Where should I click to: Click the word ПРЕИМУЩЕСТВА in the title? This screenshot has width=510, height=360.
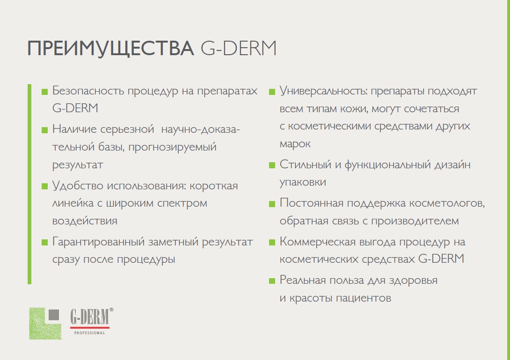pyautogui.click(x=110, y=49)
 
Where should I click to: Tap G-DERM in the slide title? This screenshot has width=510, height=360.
pyautogui.click(x=239, y=48)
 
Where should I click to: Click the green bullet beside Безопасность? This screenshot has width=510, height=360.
pyautogui.click(x=44, y=92)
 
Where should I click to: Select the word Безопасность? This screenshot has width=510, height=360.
pyautogui.click(x=88, y=91)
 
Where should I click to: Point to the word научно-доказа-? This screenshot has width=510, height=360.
pyautogui.click(x=200, y=130)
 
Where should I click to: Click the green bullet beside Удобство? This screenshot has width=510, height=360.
pyautogui.click(x=44, y=187)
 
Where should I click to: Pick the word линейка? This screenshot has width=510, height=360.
pyautogui.click(x=73, y=203)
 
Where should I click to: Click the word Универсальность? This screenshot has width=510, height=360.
pyautogui.click(x=323, y=91)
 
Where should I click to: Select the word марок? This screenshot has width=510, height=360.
pyautogui.click(x=295, y=144)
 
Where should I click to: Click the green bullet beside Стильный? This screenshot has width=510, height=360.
pyautogui.click(x=272, y=166)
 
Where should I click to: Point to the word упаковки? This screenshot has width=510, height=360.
pyautogui.click(x=303, y=182)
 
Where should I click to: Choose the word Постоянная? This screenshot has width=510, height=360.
pyautogui.click(x=312, y=203)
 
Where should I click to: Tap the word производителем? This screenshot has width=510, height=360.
pyautogui.click(x=415, y=221)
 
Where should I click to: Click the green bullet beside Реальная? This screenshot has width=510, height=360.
pyautogui.click(x=272, y=281)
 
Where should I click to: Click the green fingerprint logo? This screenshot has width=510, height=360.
pyautogui.click(x=45, y=324)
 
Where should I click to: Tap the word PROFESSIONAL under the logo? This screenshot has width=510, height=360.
pyautogui.click(x=89, y=333)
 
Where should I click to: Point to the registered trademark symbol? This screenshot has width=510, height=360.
pyautogui.click(x=111, y=310)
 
